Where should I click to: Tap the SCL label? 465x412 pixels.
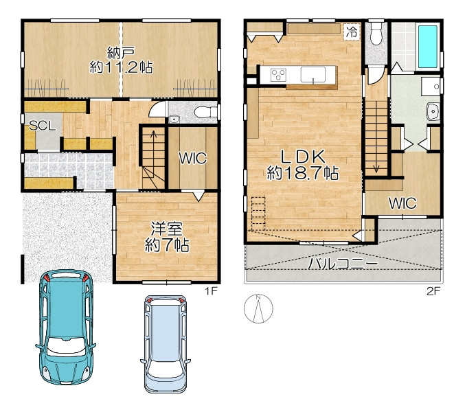tap(43, 126)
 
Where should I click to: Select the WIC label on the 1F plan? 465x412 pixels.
tap(193, 159)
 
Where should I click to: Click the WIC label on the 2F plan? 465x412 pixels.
tap(402, 203)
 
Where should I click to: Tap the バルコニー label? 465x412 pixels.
tap(343, 263)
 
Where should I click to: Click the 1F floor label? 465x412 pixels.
tap(212, 291)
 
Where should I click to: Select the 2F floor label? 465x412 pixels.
tap(433, 291)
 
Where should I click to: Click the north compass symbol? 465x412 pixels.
tap(258, 308)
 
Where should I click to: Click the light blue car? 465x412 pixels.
tap(166, 344)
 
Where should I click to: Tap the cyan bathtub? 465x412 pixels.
tap(427, 47)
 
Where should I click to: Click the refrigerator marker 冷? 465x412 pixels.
tap(352, 32)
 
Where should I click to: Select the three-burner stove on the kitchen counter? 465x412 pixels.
tap(278, 75)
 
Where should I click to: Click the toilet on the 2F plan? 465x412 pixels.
tap(376, 34)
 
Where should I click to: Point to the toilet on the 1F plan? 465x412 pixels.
tap(206, 112)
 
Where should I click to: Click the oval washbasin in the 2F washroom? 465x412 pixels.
tap(433, 112)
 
